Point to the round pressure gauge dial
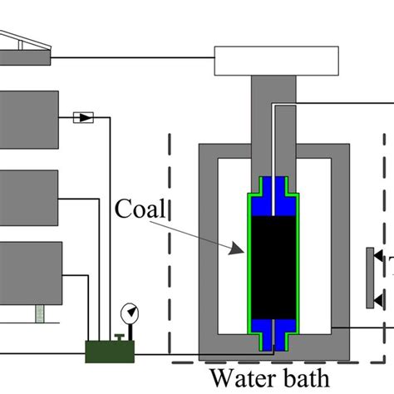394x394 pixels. [x=130, y=313]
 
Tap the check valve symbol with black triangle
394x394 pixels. [x=84, y=118]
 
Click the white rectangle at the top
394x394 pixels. [x=276, y=59]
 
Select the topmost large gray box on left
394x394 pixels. [x=28, y=119]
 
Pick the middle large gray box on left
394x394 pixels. [x=28, y=196]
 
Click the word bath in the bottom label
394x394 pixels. [x=304, y=379]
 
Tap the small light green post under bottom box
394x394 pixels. [x=38, y=313]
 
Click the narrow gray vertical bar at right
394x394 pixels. [x=368, y=278]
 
